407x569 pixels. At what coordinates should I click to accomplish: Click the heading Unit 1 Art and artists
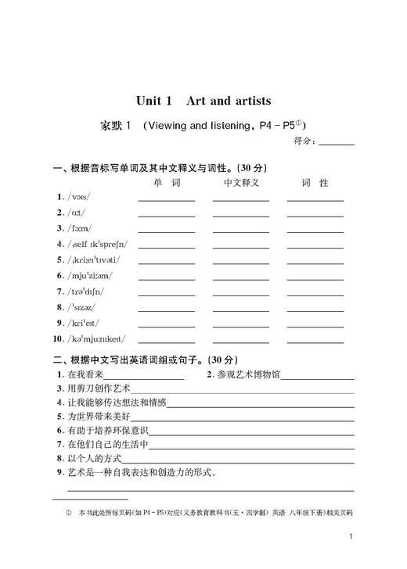[203, 101]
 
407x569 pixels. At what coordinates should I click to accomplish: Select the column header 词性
[315, 183]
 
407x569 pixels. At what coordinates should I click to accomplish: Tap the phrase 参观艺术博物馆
[251, 374]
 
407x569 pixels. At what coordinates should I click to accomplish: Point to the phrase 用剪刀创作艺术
[98, 388]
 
